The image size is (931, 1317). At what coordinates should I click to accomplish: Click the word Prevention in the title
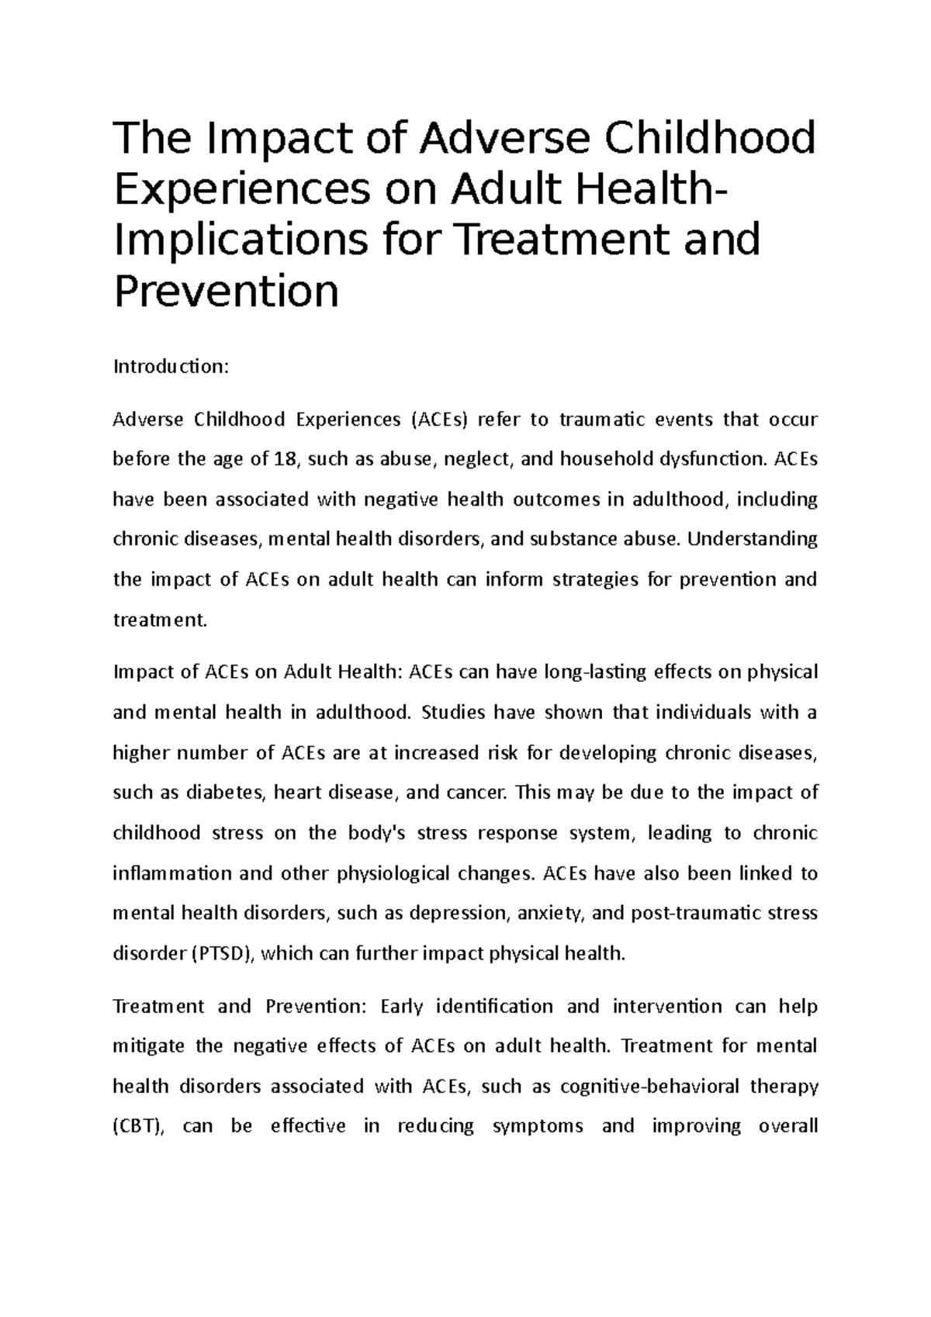[x=227, y=291]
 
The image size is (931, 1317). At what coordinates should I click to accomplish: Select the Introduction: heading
[x=171, y=366]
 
